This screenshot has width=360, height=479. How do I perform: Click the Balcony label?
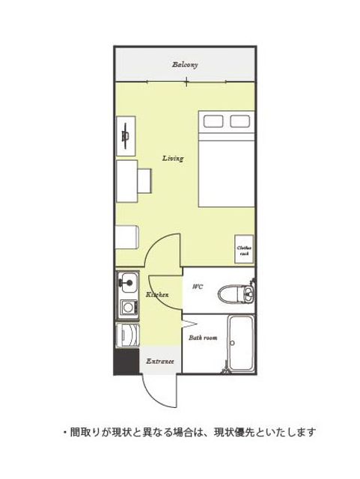click(185, 65)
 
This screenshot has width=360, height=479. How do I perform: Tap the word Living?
click(173, 158)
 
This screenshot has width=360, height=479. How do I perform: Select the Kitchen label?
click(157, 295)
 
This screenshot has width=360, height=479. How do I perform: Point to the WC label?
click(198, 287)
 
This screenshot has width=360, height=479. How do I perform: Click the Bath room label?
click(203, 338)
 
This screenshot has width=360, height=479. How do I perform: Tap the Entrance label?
click(160, 361)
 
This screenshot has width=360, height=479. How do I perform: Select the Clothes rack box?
click(244, 249)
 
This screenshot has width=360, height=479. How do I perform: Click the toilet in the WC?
click(236, 294)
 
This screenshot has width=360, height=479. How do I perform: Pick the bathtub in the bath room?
click(242, 343)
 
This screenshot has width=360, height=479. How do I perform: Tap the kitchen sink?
click(128, 283)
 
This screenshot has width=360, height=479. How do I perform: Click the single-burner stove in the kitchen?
click(129, 308)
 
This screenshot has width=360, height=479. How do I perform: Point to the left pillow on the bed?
click(213, 121)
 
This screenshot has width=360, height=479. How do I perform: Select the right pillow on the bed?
click(240, 121)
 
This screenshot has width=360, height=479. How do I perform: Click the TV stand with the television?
click(126, 136)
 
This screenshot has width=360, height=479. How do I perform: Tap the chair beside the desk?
click(144, 181)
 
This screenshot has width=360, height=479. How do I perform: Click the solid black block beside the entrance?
click(126, 361)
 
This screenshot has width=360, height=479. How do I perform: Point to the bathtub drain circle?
click(232, 343)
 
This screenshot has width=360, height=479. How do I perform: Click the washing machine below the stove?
click(128, 335)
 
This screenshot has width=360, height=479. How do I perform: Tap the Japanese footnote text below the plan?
click(189, 433)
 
